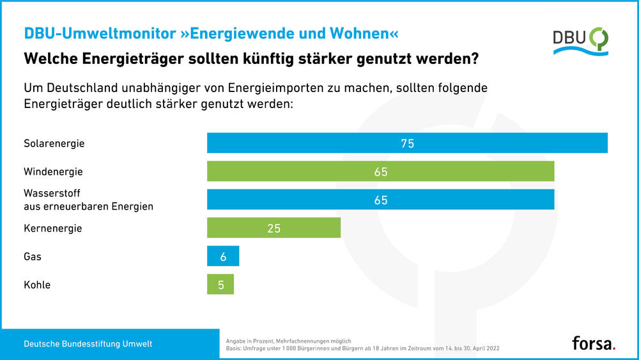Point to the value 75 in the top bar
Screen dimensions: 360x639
click(407, 144)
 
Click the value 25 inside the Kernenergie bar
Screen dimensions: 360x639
click(273, 228)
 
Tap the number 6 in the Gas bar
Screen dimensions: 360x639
click(223, 256)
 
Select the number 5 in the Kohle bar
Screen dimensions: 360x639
click(221, 285)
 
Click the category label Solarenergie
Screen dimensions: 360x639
click(54, 143)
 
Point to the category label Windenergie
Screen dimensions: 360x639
click(53, 172)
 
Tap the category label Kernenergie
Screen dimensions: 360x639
click(52, 228)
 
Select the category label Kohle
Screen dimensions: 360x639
click(37, 285)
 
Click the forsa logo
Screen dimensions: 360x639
click(594, 343)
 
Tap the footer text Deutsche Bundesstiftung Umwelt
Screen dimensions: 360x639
click(88, 344)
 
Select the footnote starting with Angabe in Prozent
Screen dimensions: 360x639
click(289, 341)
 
